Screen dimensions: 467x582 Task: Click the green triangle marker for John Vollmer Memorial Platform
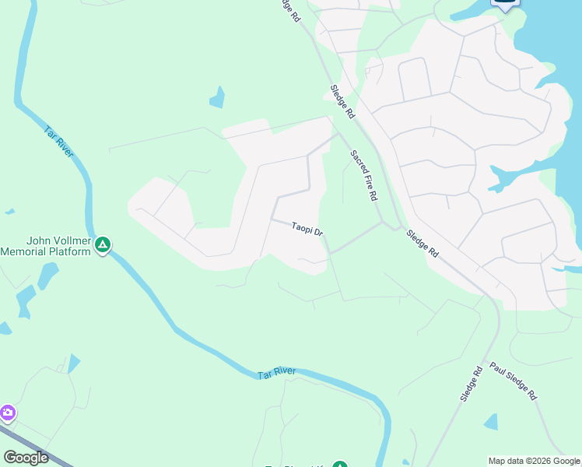coord(103,246)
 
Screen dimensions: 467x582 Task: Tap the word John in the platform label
coord(39,241)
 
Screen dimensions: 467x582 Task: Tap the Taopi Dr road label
coord(307,230)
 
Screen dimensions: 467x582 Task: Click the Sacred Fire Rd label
coord(363,175)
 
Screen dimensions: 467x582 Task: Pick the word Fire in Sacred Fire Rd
coord(365,178)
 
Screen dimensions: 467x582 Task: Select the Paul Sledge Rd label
coord(514,381)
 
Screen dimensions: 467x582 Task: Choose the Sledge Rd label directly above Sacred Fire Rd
coord(342,101)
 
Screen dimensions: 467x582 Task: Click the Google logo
coord(26,458)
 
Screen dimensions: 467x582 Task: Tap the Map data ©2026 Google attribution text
coord(535,461)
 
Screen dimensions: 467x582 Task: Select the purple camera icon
coord(7,412)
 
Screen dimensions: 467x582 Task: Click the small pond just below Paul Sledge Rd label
coord(491,422)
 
